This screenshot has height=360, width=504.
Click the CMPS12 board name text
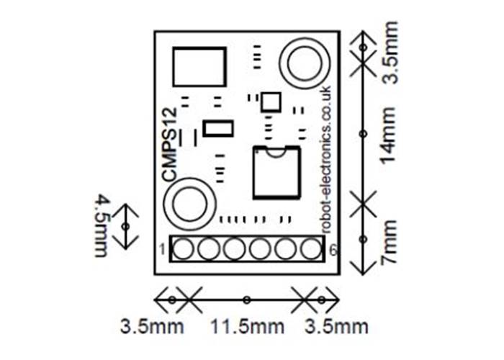pos(169,144)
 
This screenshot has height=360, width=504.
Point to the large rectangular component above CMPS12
pos(200,66)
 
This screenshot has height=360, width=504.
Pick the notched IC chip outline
pos(276,171)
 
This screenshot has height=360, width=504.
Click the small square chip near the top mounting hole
pos(271,101)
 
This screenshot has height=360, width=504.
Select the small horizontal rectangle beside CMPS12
pos(217,129)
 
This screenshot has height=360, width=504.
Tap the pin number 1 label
pos(163,250)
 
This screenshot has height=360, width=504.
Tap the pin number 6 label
pos(332,250)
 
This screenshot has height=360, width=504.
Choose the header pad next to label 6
pos(310,249)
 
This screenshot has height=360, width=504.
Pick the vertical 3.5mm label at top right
pos(390,55)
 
